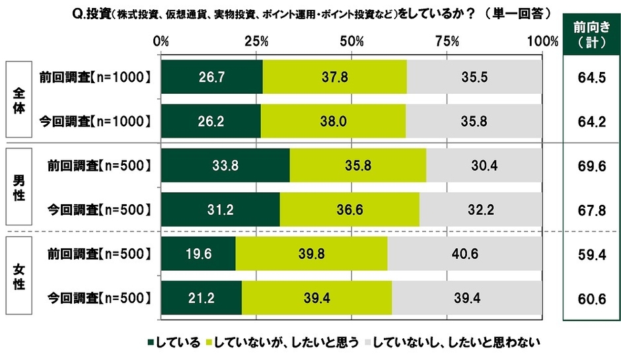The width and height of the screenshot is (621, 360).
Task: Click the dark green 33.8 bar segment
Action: tap(225, 166)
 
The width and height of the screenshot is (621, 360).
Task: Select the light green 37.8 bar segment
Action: tap(334, 77)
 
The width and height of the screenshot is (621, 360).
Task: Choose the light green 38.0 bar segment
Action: tap(333, 121)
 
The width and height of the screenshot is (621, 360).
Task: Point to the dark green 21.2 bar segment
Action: tap(201, 299)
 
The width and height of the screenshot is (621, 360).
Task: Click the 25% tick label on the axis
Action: tap(256, 41)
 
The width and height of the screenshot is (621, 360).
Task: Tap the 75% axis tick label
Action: tap(447, 41)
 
